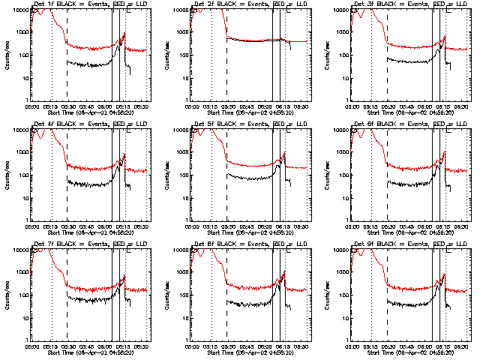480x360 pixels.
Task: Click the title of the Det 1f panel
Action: [x=88, y=4]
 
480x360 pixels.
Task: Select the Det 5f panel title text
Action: [x=248, y=124]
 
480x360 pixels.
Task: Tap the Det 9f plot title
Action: [x=408, y=244]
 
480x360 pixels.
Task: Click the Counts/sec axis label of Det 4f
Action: [x=7, y=174]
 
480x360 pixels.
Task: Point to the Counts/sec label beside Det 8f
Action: [x=166, y=294]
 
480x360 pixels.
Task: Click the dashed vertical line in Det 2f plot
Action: [x=227, y=60]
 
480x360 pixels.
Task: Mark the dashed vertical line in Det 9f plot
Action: [x=387, y=300]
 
